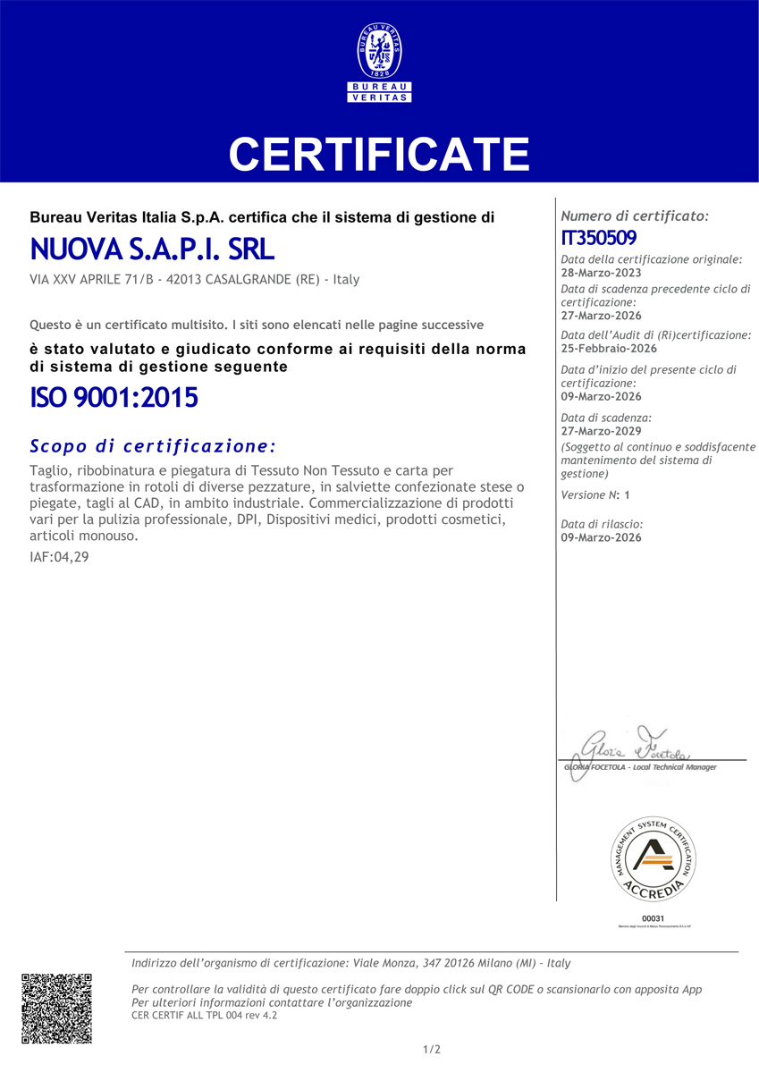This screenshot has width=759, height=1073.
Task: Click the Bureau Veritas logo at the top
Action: click(x=379, y=63)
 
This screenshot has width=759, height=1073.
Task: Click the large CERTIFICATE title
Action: click(x=379, y=154)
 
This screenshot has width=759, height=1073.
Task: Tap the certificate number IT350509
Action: click(x=598, y=238)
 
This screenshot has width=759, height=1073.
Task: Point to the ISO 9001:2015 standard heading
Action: click(x=114, y=397)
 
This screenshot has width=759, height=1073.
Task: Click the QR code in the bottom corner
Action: click(x=56, y=1008)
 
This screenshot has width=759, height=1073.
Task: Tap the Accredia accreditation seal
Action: click(x=654, y=858)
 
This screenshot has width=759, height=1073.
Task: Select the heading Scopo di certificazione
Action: click(x=153, y=445)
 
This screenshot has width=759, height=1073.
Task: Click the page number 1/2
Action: click(x=432, y=1049)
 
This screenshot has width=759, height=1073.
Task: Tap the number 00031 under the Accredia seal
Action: click(x=654, y=918)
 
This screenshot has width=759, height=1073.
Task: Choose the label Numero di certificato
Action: click(x=634, y=216)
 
